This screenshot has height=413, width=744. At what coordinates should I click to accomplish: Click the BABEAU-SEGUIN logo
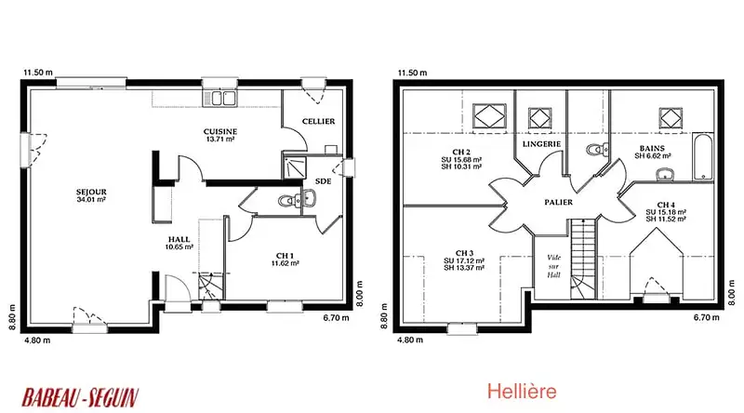point(80,397)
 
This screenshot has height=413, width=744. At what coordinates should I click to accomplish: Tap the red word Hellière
point(522,392)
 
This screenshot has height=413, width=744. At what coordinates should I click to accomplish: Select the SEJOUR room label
point(91,195)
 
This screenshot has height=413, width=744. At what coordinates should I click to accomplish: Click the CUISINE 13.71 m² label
point(220,135)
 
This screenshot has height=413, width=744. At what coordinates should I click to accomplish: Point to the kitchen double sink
point(219,98)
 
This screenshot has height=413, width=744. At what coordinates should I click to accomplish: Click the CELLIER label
point(318,122)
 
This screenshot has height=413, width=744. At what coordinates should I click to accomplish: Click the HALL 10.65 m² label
point(179,243)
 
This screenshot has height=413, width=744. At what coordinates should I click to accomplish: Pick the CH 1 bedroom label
point(286,260)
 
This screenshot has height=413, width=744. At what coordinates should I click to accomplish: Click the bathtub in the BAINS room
point(703,156)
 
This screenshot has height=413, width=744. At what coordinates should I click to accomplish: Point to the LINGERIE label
point(541,144)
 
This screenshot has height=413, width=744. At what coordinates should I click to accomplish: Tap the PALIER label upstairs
point(559,202)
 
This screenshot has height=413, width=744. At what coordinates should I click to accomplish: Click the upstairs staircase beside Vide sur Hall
point(582,260)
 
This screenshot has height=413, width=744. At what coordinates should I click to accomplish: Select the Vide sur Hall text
point(553,266)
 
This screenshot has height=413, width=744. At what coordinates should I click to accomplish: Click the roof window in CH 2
point(489,116)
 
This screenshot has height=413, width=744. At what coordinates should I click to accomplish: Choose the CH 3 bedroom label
point(464,260)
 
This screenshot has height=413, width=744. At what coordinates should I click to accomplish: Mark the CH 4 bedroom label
point(666,212)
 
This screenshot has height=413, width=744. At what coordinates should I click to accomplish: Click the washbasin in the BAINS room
point(667,174)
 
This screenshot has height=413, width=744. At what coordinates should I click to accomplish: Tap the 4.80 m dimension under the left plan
point(37,340)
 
